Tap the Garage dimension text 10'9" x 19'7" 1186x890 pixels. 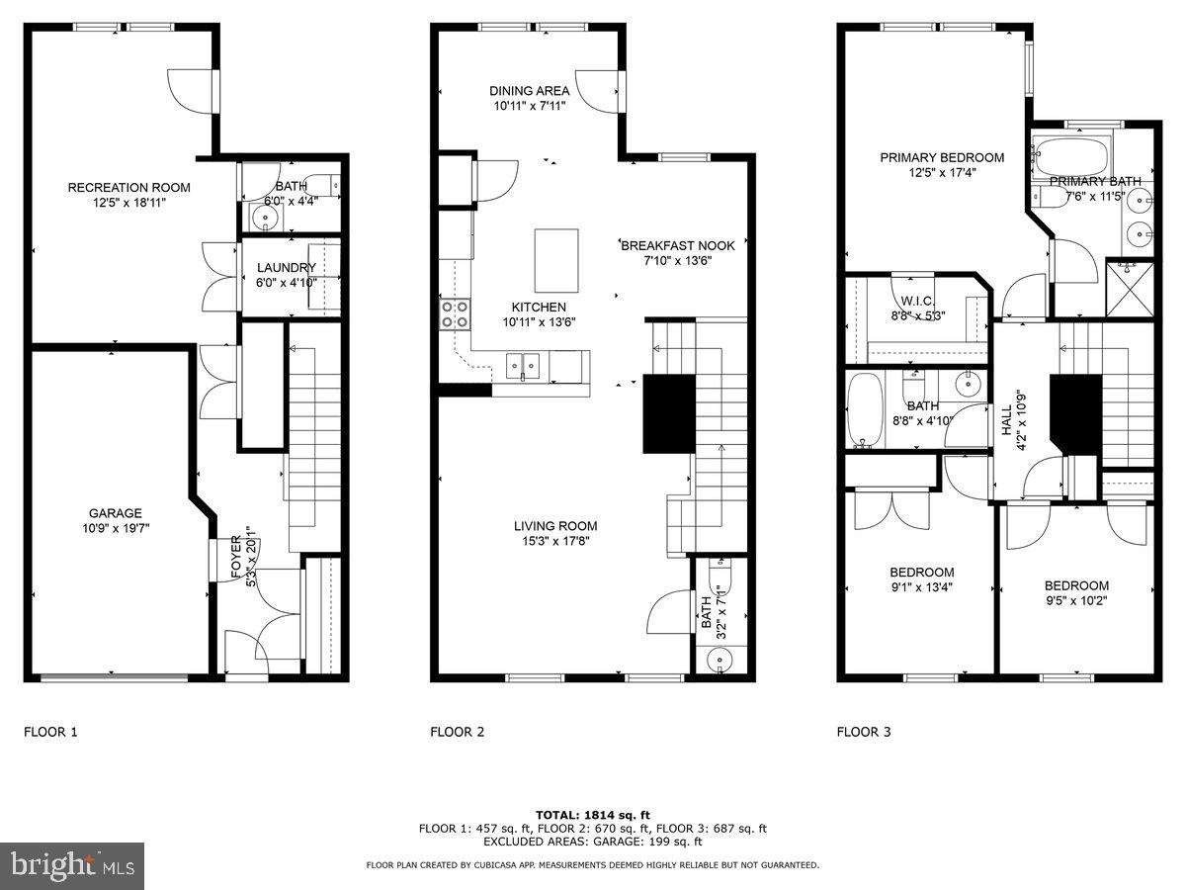pyautogui.click(x=116, y=528)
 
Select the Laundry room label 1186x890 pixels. pyautogui.click(x=286, y=268)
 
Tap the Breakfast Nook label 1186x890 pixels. pyautogui.click(x=665, y=245)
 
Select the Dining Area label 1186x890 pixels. pyautogui.click(x=529, y=91)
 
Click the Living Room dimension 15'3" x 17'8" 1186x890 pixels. pyautogui.click(x=554, y=541)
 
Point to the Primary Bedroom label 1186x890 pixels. pyautogui.click(x=942, y=157)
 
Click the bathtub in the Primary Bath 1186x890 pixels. pyautogui.click(x=1071, y=155)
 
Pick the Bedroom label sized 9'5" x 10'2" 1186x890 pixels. pyautogui.click(x=1076, y=585)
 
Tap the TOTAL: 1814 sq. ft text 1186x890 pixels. pyautogui.click(x=592, y=814)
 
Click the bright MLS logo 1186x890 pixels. pyautogui.click(x=72, y=866)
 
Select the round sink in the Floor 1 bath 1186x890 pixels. pyautogui.click(x=266, y=217)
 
